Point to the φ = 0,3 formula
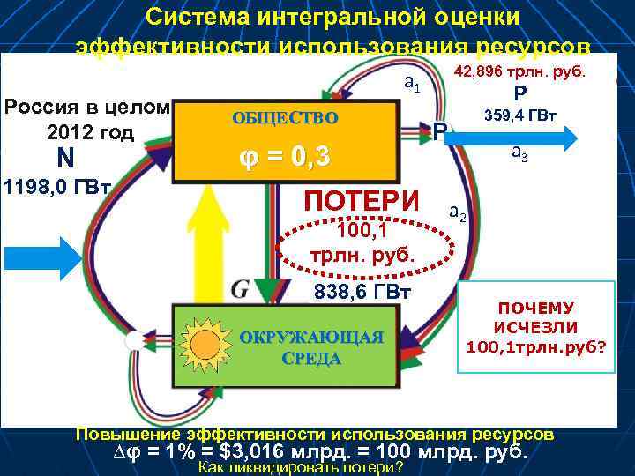pyautogui.click(x=285, y=157)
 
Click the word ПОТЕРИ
pyautogui.click(x=362, y=201)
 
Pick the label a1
pyautogui.click(x=411, y=84)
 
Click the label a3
pyautogui.click(x=519, y=152)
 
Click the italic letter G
pyautogui.click(x=240, y=288)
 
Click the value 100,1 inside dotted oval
pyautogui.click(x=363, y=232)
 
